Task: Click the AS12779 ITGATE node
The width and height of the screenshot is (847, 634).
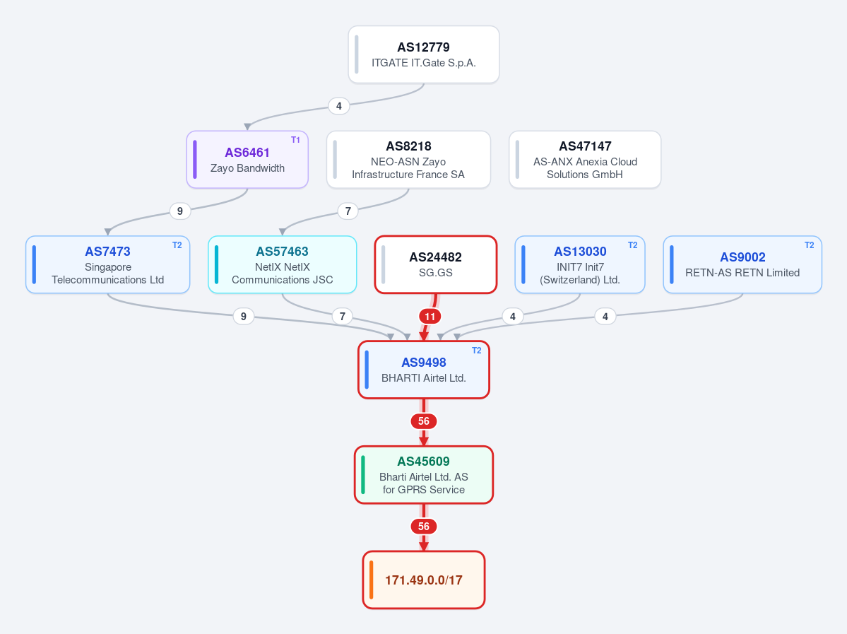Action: tap(424, 54)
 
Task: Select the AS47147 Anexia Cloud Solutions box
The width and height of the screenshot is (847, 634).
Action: tap(585, 160)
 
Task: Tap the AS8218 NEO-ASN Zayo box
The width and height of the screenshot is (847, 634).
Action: tap(408, 160)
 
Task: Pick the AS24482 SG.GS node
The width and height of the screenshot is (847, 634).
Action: tap(435, 265)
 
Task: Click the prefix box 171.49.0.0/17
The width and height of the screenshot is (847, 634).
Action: tap(424, 580)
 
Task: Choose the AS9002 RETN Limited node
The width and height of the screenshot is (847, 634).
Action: tap(742, 265)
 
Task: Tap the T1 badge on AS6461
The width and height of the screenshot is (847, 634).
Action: tap(295, 140)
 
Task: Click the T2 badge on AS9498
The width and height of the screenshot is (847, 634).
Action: tap(476, 351)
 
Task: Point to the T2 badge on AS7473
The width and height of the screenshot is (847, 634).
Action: tap(177, 245)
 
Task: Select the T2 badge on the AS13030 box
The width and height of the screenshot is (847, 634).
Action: tap(632, 245)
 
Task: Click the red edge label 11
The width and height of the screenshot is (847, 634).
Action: tap(430, 317)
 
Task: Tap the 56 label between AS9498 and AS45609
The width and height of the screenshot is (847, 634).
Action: tap(424, 421)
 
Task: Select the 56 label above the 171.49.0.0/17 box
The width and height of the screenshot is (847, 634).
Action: tap(424, 527)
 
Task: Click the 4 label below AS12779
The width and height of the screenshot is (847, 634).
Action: tap(338, 106)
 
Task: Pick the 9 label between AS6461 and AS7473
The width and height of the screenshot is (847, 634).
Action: tap(180, 211)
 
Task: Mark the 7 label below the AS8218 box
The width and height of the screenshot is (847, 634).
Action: tap(348, 211)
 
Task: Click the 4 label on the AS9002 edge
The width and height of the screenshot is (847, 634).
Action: tap(605, 317)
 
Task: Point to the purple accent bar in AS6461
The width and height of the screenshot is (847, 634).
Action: tap(195, 160)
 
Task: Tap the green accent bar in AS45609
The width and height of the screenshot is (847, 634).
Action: tap(363, 475)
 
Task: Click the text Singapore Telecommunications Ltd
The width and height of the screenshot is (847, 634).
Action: tap(108, 274)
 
